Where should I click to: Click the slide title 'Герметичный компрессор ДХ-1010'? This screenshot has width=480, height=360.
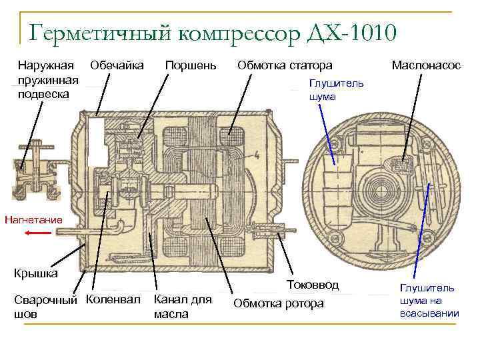tap(213, 31)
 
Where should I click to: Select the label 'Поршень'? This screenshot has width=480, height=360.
tap(191, 65)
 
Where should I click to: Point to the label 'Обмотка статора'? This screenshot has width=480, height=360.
tap(285, 65)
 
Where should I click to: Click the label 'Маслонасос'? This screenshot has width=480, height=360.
tap(426, 65)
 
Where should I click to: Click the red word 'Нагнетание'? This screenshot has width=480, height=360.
tap(33, 219)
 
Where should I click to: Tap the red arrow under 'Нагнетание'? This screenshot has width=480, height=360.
tap(39, 233)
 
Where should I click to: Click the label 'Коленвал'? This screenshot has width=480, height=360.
tap(113, 300)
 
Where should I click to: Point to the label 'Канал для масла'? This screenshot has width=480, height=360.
tap(182, 306)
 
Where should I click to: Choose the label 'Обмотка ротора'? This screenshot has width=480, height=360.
tap(279, 304)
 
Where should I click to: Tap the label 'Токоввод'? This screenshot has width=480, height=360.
tap(313, 285)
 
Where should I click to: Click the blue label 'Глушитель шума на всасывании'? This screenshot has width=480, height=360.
tap(429, 301)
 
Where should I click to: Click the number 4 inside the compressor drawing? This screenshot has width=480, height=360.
tap(256, 155)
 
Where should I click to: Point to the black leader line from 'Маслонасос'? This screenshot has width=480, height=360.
tap(413, 113)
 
